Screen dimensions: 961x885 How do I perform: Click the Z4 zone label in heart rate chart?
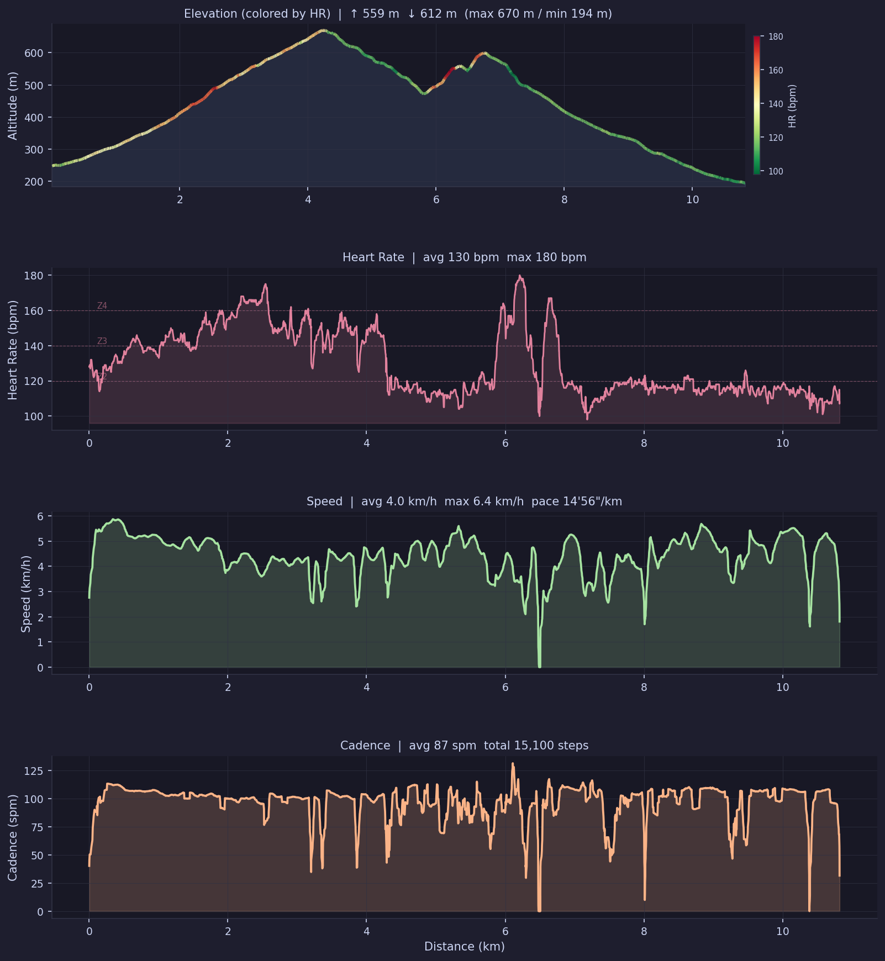tap(102, 306)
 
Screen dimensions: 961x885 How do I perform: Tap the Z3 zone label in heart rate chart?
tap(102, 341)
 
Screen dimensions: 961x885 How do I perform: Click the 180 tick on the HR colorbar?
tap(776, 37)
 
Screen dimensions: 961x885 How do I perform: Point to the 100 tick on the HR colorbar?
tap(776, 172)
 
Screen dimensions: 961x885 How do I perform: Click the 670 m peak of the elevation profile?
tap(323, 30)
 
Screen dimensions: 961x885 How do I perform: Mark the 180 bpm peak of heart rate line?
tap(520, 276)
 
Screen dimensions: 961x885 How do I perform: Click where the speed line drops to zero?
tap(540, 666)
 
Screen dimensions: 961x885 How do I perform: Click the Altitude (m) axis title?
tap(13, 105)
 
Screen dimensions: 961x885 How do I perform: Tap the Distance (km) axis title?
tap(464, 947)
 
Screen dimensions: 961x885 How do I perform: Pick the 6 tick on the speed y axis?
tap(40, 516)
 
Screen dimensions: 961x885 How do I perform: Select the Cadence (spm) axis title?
tap(13, 837)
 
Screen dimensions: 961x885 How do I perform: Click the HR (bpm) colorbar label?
tap(792, 106)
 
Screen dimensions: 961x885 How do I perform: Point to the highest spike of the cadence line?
tap(513, 764)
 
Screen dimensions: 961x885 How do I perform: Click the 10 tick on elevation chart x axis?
tap(692, 200)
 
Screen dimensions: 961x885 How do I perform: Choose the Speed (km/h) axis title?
tap(25, 593)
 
